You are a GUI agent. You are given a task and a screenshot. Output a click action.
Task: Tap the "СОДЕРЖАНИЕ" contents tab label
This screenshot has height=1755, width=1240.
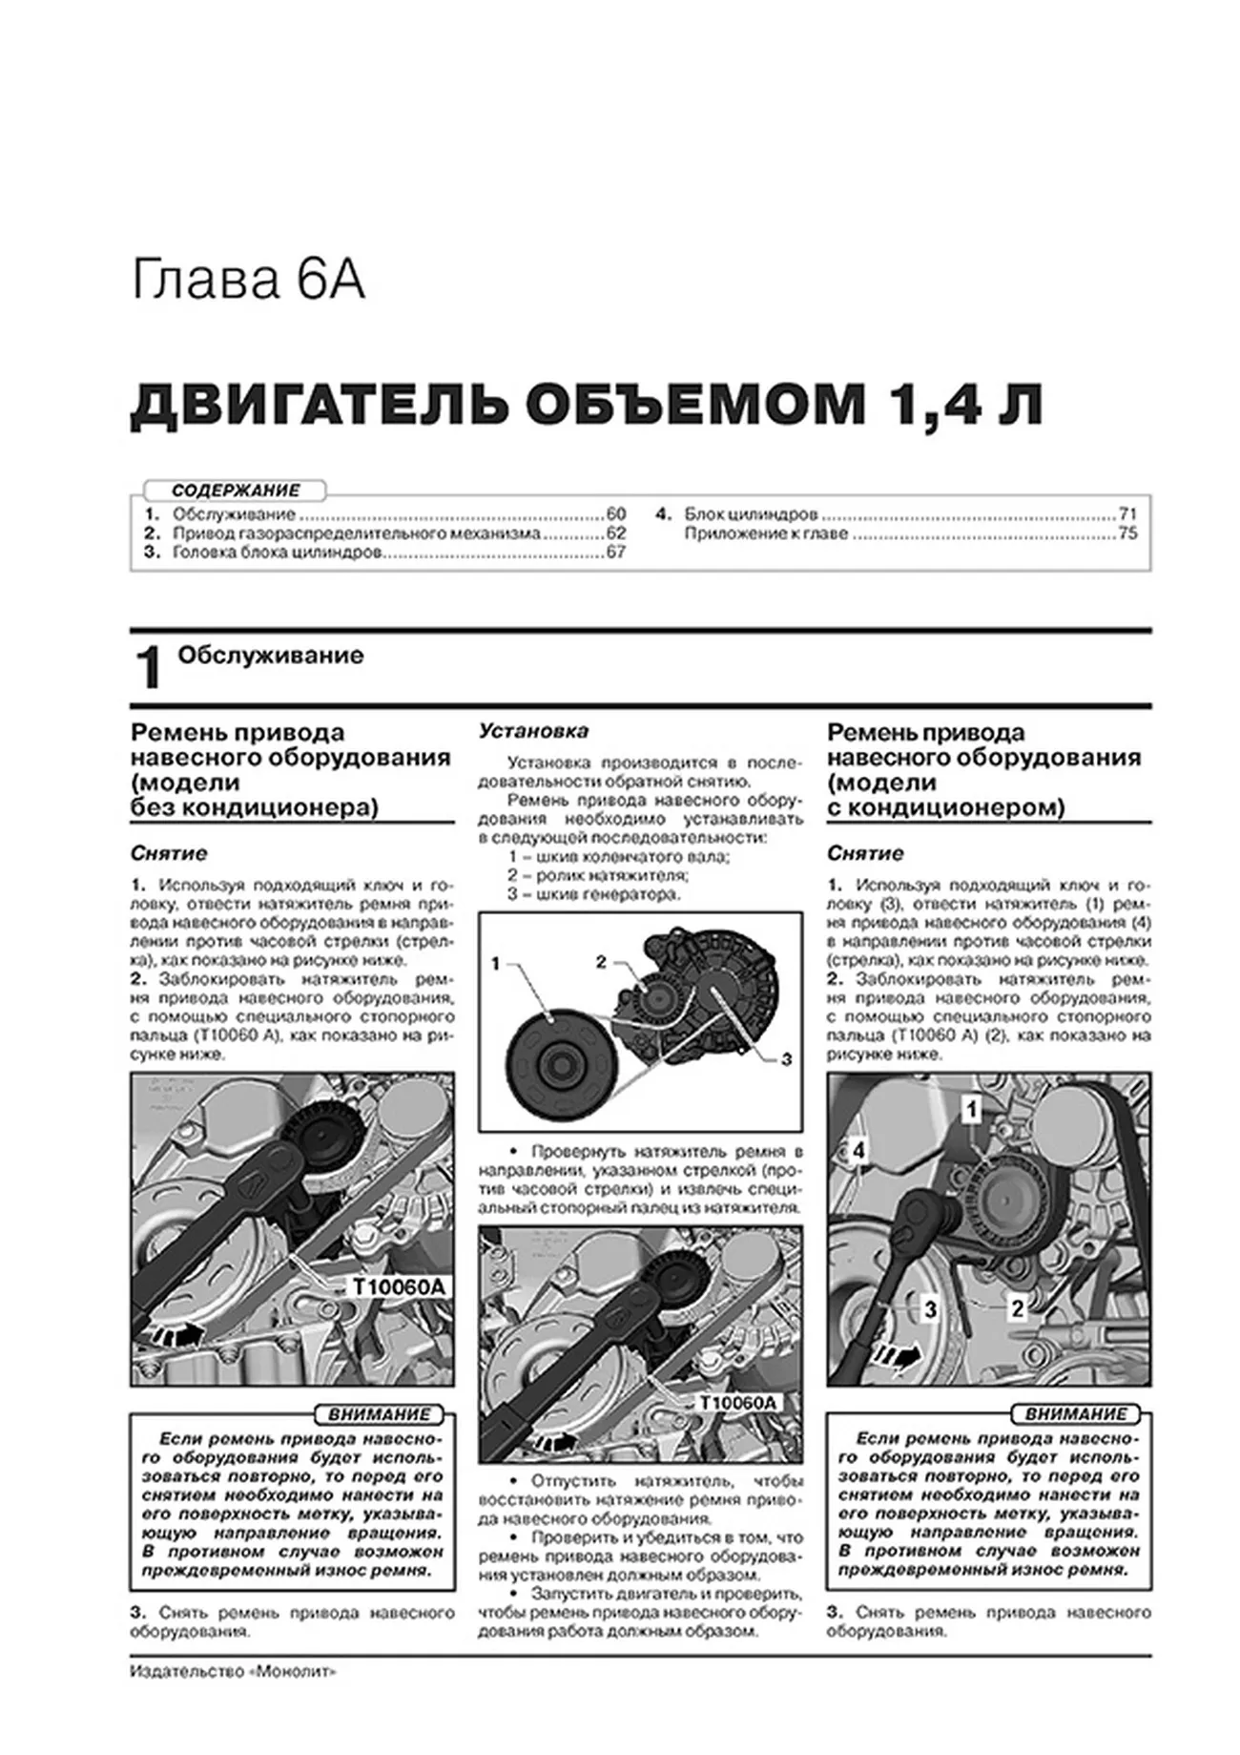point(236,491)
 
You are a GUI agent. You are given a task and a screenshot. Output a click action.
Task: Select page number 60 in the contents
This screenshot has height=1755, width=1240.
point(615,514)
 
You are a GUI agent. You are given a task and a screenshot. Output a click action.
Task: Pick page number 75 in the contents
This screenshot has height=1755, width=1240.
point(1127,533)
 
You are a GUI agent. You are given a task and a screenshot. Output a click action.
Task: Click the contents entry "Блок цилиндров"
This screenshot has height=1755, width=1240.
point(751,514)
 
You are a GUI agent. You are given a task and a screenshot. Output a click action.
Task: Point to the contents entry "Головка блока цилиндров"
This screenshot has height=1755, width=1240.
point(277,553)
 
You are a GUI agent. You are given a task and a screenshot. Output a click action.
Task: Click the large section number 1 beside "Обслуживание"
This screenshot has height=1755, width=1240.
point(149,668)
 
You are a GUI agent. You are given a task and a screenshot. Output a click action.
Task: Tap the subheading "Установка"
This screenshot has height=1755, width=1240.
point(533,731)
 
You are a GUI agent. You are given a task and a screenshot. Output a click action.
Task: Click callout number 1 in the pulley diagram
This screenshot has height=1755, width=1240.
point(495,964)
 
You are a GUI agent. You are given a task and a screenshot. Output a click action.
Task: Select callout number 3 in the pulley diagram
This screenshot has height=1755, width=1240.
point(786,1058)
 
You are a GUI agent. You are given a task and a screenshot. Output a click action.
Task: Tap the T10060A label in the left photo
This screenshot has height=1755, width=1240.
point(399,1287)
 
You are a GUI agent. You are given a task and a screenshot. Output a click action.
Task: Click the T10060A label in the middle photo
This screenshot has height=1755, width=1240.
point(738,1403)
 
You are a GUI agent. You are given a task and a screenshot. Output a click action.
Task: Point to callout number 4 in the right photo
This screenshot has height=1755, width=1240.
point(858,1151)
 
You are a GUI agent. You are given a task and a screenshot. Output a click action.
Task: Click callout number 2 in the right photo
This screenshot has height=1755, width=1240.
point(1018,1308)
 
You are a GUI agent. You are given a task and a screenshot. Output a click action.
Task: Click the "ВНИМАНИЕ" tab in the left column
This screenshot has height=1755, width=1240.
point(378,1414)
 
